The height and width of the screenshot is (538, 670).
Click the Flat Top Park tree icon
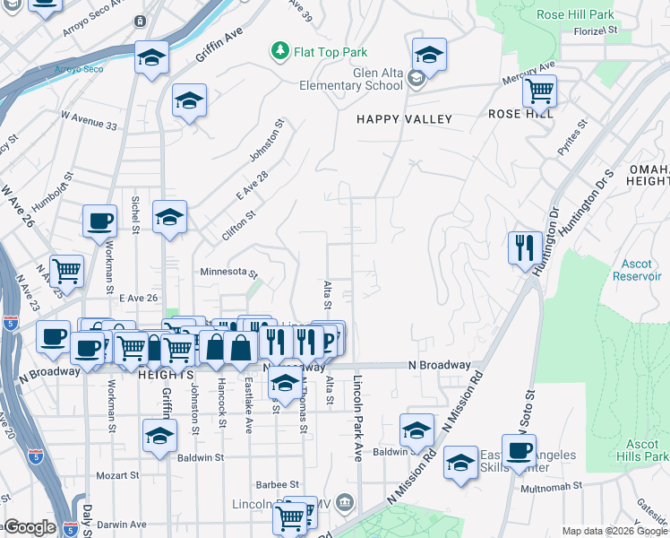(280, 52)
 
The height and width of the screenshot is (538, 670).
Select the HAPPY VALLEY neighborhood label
(404, 119)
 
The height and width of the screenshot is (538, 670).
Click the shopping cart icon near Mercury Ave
(539, 91)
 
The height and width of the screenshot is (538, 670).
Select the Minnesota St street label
(228, 273)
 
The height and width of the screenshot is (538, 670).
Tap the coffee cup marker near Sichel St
(99, 221)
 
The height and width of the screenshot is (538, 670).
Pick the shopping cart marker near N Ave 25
(66, 270)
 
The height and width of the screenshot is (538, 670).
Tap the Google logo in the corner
(29, 526)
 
